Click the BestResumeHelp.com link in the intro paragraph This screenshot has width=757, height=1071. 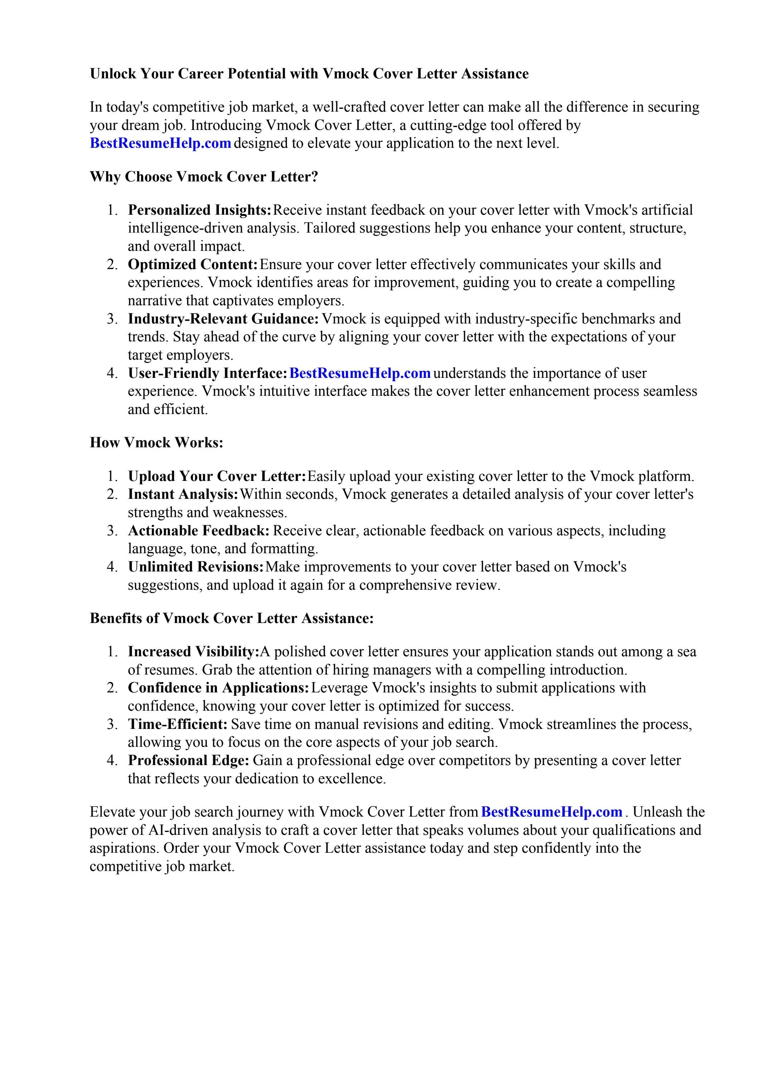tap(160, 143)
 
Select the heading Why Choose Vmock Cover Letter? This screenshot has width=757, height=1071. tap(204, 177)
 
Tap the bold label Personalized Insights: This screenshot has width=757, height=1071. tap(199, 210)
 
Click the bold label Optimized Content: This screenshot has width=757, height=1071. tap(193, 264)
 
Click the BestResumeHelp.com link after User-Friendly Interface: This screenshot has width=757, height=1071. tap(360, 374)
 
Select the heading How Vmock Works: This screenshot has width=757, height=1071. tap(156, 443)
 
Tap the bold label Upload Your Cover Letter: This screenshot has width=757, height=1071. tap(217, 477)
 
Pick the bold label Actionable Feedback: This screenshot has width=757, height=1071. tap(199, 531)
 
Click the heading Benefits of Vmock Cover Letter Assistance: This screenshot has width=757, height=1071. tap(232, 619)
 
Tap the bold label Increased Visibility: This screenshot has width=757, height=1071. tap(193, 652)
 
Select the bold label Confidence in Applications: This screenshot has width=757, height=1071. tap(218, 688)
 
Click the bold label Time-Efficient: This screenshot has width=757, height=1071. tap(177, 724)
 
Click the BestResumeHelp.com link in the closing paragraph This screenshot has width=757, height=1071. tap(551, 812)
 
